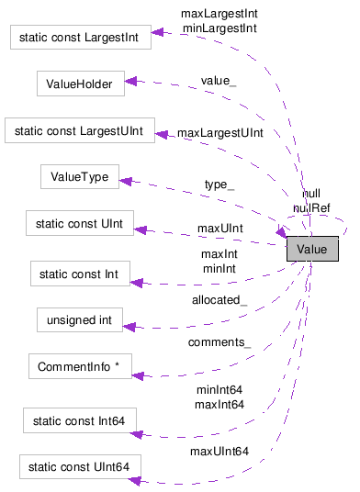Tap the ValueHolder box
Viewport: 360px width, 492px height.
(x=80, y=84)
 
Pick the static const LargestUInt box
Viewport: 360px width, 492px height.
(x=79, y=129)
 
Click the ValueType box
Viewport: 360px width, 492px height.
(x=80, y=177)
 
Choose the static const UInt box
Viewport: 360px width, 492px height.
(x=80, y=222)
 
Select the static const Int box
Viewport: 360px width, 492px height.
(x=80, y=273)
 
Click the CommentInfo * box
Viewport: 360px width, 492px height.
(x=80, y=367)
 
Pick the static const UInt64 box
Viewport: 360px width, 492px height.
(x=80, y=467)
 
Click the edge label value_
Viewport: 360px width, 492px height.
(x=219, y=82)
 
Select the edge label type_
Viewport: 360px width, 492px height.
(x=219, y=184)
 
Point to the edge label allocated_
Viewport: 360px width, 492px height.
(x=219, y=300)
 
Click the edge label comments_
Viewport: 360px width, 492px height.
(x=219, y=342)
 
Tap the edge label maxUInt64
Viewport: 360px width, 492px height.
(x=219, y=451)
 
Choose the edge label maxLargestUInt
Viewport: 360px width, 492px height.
(x=219, y=133)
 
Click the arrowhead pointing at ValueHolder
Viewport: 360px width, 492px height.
(x=131, y=82)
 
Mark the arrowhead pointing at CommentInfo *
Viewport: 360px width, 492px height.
(x=139, y=374)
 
